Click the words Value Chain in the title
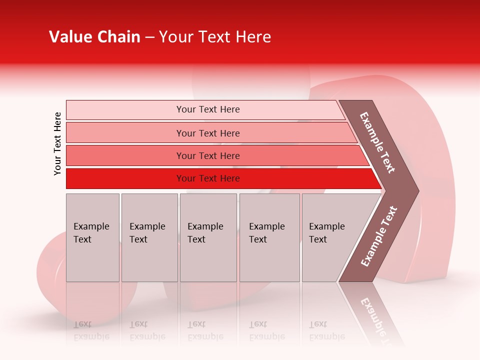(x=94, y=37)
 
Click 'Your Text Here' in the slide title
(x=215, y=37)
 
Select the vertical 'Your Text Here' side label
(x=57, y=143)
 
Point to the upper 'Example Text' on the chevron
(x=377, y=142)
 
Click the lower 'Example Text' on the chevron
(x=378, y=236)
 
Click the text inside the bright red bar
(x=208, y=178)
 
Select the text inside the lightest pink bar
(x=208, y=109)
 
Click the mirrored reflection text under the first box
(x=91, y=330)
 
